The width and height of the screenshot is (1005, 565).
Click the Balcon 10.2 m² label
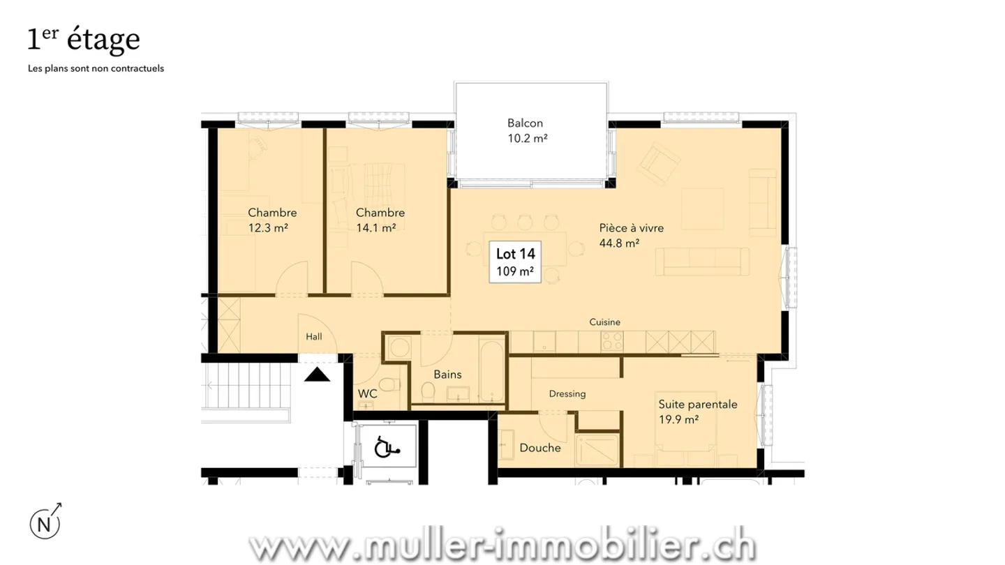[x=527, y=130]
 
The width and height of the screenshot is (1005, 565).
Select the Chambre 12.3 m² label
[x=272, y=220]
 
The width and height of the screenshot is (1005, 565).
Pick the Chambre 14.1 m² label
[x=380, y=220]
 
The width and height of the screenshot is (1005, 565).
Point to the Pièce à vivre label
[x=631, y=235]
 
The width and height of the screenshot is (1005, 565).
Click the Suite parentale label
[x=698, y=412]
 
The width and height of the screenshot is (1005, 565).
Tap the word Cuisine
[x=604, y=322]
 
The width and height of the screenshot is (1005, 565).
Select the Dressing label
[x=567, y=393]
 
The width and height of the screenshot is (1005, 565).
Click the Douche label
[x=539, y=448]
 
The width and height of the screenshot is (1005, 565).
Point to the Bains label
[x=447, y=375]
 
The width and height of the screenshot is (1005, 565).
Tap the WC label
[x=368, y=394]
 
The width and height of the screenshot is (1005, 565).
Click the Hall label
[x=314, y=337]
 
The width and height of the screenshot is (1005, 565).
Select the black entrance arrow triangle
[x=318, y=376]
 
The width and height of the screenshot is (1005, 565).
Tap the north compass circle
[x=45, y=523]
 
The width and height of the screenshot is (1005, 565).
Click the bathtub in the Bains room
[x=491, y=369]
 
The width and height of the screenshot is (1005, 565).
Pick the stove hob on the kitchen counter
[x=612, y=342]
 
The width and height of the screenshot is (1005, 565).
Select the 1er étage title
[x=84, y=40]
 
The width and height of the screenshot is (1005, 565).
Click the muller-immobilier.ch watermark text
[x=502, y=544]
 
